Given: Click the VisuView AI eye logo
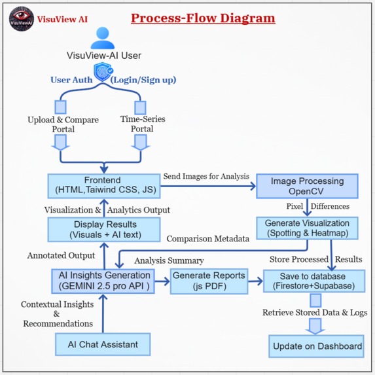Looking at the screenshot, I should pyautogui.click(x=22, y=18).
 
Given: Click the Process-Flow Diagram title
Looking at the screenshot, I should pyautogui.click(x=203, y=18).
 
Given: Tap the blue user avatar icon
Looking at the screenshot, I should pyautogui.click(x=102, y=39).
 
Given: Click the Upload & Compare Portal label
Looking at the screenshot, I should pyautogui.click(x=63, y=124).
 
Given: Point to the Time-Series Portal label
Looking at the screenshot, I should pyautogui.click(x=143, y=124).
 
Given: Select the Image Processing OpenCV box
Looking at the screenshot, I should pyautogui.click(x=306, y=186).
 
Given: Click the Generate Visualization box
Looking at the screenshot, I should pyautogui.click(x=307, y=228).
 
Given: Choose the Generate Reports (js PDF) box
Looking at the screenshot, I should pyautogui.click(x=208, y=281).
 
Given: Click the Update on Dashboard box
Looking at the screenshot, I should pyautogui.click(x=317, y=346).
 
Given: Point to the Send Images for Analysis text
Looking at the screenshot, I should pyautogui.click(x=205, y=177).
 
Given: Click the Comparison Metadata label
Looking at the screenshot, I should pyautogui.click(x=208, y=239).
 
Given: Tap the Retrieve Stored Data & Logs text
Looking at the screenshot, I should pyautogui.click(x=315, y=313).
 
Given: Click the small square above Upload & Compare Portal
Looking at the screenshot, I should pyautogui.click(x=60, y=106).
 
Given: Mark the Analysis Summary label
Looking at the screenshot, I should pyautogui.click(x=169, y=260).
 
